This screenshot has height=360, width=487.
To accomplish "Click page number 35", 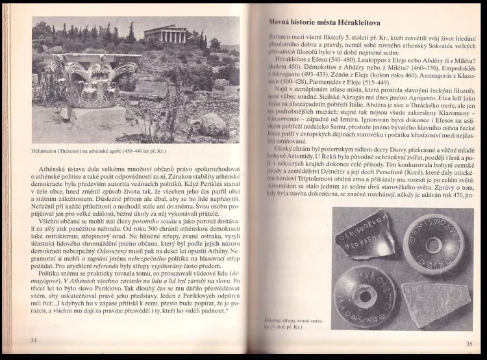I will [x=468, y=344].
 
